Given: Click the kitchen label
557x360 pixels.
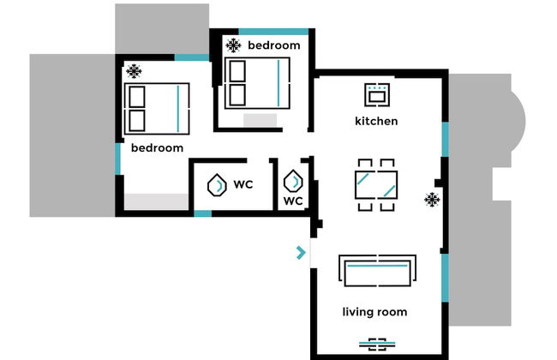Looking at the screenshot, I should tap(376, 121).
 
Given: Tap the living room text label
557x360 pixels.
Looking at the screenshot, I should tap(374, 312).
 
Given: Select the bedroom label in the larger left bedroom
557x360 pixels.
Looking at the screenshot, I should tap(157, 147).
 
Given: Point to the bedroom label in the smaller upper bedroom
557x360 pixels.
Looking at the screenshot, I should tap(273, 45).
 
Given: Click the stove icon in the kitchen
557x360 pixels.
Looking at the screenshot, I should tap(376, 93).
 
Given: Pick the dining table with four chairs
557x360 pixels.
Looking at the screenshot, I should tap(376, 184).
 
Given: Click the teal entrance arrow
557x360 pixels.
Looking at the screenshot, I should tap(300, 252).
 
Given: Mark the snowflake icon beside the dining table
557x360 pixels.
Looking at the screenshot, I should tap(432, 200).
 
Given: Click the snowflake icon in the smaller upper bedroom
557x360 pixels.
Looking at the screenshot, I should tap(232, 45).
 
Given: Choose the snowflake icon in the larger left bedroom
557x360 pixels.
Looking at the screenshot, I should tap(134, 71).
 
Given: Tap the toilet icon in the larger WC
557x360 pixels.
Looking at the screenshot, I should tap(218, 183).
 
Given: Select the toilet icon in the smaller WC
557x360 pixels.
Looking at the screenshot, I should tap(293, 182).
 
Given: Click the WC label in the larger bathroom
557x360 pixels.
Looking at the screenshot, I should tap(243, 183).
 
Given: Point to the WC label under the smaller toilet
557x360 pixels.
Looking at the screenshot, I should tap(293, 202).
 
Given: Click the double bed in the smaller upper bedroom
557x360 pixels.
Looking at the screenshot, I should tap(255, 83).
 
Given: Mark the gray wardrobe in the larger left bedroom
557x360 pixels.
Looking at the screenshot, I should tap(155, 201).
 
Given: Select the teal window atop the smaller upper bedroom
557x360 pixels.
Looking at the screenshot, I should tap(273, 32).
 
